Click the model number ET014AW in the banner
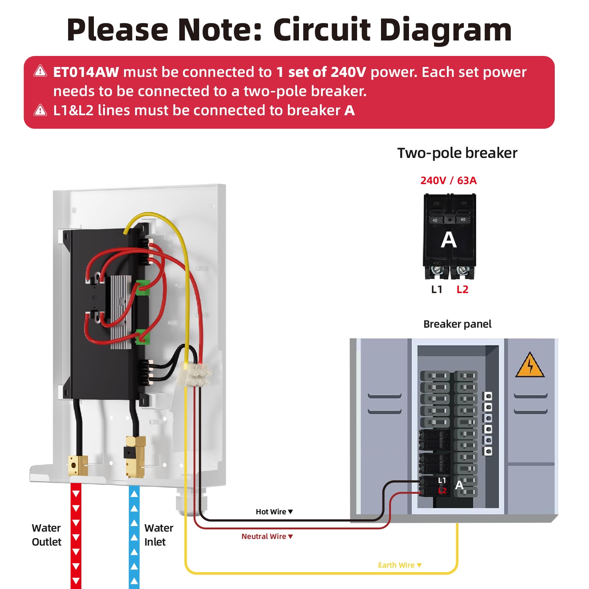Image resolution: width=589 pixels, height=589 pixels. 86,72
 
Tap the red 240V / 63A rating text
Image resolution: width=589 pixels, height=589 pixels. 448,180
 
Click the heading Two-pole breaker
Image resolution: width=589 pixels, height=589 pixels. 457,153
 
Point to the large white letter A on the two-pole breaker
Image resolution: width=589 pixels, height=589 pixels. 449,240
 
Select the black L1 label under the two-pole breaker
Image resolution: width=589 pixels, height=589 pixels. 437,290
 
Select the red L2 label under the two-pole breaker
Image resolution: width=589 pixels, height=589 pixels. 462,290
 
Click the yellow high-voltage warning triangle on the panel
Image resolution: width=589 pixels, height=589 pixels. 530,366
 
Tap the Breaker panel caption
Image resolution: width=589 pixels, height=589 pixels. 457,324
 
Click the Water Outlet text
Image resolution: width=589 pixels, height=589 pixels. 46,535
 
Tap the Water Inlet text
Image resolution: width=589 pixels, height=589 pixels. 158,535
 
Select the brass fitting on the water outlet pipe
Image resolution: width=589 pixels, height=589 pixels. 78,466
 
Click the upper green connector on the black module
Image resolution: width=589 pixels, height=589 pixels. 143,288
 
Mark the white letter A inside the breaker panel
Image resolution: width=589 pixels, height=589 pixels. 459,485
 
